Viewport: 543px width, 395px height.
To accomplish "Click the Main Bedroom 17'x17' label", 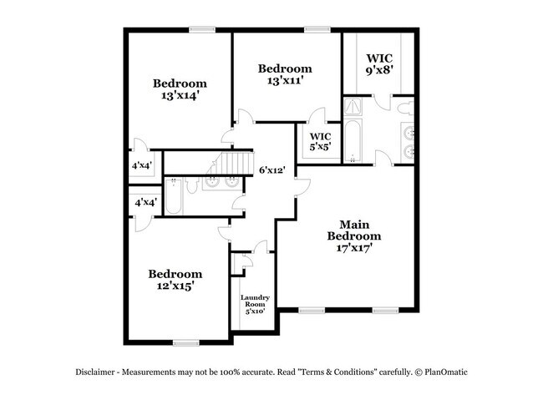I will (349, 236).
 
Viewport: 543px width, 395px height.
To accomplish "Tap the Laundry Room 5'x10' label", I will (253, 305).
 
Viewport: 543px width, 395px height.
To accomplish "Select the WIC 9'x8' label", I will (378, 64).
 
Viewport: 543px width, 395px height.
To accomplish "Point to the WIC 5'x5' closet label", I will (320, 141).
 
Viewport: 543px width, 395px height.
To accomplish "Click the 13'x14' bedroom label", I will (179, 89).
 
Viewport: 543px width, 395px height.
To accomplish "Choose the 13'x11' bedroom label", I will (285, 74).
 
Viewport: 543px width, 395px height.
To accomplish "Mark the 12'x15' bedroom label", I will (175, 281).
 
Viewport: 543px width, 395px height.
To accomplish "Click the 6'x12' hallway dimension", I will (273, 170).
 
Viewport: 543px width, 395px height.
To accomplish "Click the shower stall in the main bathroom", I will (354, 107).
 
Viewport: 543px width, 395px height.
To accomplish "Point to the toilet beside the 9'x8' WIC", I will (403, 108).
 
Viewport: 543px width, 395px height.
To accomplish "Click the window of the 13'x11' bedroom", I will (316, 30).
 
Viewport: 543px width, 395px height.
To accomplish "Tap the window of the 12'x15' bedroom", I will (185, 342).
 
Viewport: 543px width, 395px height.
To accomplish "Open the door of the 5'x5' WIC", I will (315, 119).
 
